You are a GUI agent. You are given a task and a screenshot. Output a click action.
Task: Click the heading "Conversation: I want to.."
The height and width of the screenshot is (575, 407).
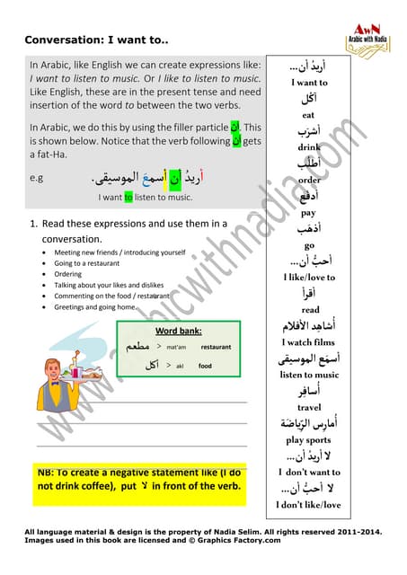click(96, 40)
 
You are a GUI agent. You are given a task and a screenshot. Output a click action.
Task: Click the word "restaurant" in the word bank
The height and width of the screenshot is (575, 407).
click(217, 346)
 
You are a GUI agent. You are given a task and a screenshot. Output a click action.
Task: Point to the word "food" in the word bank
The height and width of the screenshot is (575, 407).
click(206, 366)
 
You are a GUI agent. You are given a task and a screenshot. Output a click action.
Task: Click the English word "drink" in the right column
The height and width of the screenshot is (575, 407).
click(309, 146)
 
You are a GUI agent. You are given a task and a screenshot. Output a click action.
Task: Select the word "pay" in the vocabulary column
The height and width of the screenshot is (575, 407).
click(309, 213)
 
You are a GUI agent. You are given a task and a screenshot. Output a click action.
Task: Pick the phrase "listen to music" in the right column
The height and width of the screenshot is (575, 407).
click(309, 375)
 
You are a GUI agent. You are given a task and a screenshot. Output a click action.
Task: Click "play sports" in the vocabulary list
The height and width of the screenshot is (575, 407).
click(309, 440)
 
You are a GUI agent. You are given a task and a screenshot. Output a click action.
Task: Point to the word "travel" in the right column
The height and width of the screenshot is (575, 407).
click(309, 407)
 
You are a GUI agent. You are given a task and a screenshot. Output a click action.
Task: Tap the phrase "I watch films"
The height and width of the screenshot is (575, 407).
click(309, 342)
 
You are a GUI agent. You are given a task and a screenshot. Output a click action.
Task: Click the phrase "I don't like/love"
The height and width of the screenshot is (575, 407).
click(309, 504)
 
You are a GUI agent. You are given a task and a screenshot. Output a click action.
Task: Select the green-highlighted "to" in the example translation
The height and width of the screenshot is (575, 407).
click(128, 197)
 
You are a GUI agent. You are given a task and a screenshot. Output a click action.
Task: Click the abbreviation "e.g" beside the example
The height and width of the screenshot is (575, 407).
click(36, 178)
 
